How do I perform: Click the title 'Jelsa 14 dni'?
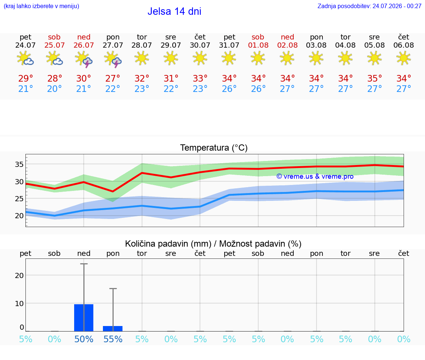point(174,11)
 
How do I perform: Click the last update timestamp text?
point(369,6)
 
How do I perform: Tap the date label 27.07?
point(113,45)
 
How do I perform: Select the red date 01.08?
point(258,45)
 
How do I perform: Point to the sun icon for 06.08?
point(404,58)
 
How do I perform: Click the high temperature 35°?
point(374,78)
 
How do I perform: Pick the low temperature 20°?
point(55,89)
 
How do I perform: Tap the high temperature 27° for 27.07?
point(113,78)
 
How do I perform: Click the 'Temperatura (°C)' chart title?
point(214,148)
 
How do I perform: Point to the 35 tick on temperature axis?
point(19,164)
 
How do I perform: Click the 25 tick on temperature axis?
point(19,199)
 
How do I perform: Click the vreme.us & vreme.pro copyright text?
point(315,176)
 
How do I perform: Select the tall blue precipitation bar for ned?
point(84,318)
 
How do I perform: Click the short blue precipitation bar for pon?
point(113,329)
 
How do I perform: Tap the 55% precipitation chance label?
point(113,339)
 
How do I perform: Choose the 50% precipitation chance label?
point(84,339)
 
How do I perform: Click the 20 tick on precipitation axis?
point(19,275)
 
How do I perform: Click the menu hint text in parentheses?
point(41,6)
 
